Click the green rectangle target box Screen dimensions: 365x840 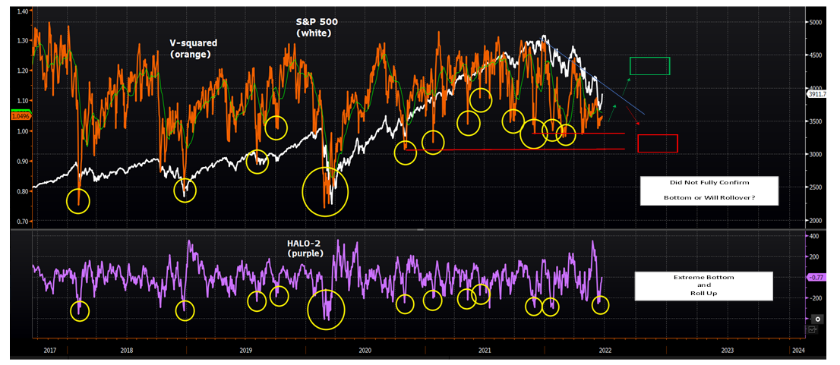click(x=649, y=66)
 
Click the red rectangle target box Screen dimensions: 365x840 click(x=658, y=143)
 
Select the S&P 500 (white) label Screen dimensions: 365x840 click(x=316, y=28)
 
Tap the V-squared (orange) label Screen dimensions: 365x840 click(x=190, y=49)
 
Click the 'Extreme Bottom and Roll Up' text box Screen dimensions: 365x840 click(x=704, y=285)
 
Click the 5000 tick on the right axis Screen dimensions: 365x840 click(x=813, y=23)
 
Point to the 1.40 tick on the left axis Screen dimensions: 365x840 click(x=21, y=11)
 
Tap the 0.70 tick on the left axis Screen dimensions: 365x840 click(x=21, y=222)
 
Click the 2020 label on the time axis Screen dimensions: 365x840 click(x=365, y=351)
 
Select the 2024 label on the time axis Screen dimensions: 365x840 click(x=797, y=351)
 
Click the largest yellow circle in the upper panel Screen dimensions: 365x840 click(x=325, y=193)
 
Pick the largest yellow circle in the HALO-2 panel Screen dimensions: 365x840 click(x=326, y=310)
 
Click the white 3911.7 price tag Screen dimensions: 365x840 click(x=817, y=95)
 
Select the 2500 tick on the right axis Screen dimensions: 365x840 click(x=813, y=187)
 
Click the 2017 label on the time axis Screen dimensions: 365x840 click(x=49, y=351)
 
